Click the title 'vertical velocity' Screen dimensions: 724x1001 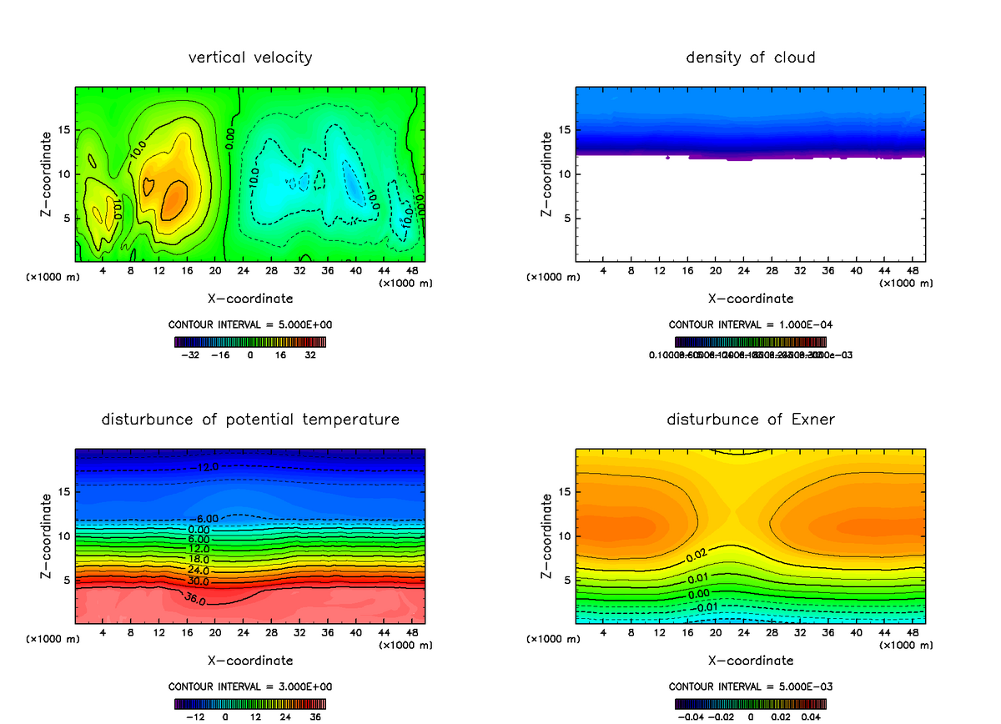250,58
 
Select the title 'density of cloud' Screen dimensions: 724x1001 751,58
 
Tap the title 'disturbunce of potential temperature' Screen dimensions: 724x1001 250,419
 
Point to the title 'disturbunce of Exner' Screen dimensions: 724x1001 751,419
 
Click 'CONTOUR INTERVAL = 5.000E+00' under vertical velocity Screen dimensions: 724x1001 250,324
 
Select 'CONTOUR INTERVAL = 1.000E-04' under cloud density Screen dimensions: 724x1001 751,324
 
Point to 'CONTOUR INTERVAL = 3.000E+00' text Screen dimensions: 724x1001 250,686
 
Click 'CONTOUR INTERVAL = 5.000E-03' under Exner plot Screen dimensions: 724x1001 751,686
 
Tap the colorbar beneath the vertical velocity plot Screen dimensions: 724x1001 250,341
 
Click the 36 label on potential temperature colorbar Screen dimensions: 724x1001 317,716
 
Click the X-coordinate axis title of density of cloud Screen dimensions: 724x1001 751,298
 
